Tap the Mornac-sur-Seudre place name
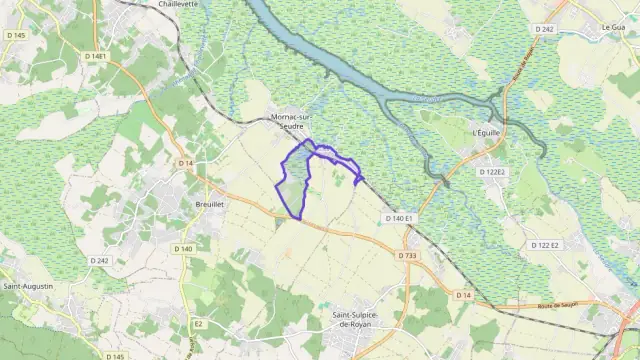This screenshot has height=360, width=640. (291, 121)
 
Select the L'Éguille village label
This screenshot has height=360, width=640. (485, 133)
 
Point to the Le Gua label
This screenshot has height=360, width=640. (613, 27)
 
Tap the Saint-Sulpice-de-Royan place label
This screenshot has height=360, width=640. (361, 319)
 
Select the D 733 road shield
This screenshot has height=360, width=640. (407, 255)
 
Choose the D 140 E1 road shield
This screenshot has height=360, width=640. (398, 218)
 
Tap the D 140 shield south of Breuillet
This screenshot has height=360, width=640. (182, 248)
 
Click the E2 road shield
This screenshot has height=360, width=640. (198, 324)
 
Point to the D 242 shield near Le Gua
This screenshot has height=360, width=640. (544, 30)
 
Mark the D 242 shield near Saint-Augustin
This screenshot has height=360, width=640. (98, 260)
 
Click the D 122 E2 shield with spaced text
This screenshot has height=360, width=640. (546, 245)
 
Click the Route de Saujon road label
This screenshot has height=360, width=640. (587, 306)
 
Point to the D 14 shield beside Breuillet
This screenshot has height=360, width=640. (185, 163)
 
